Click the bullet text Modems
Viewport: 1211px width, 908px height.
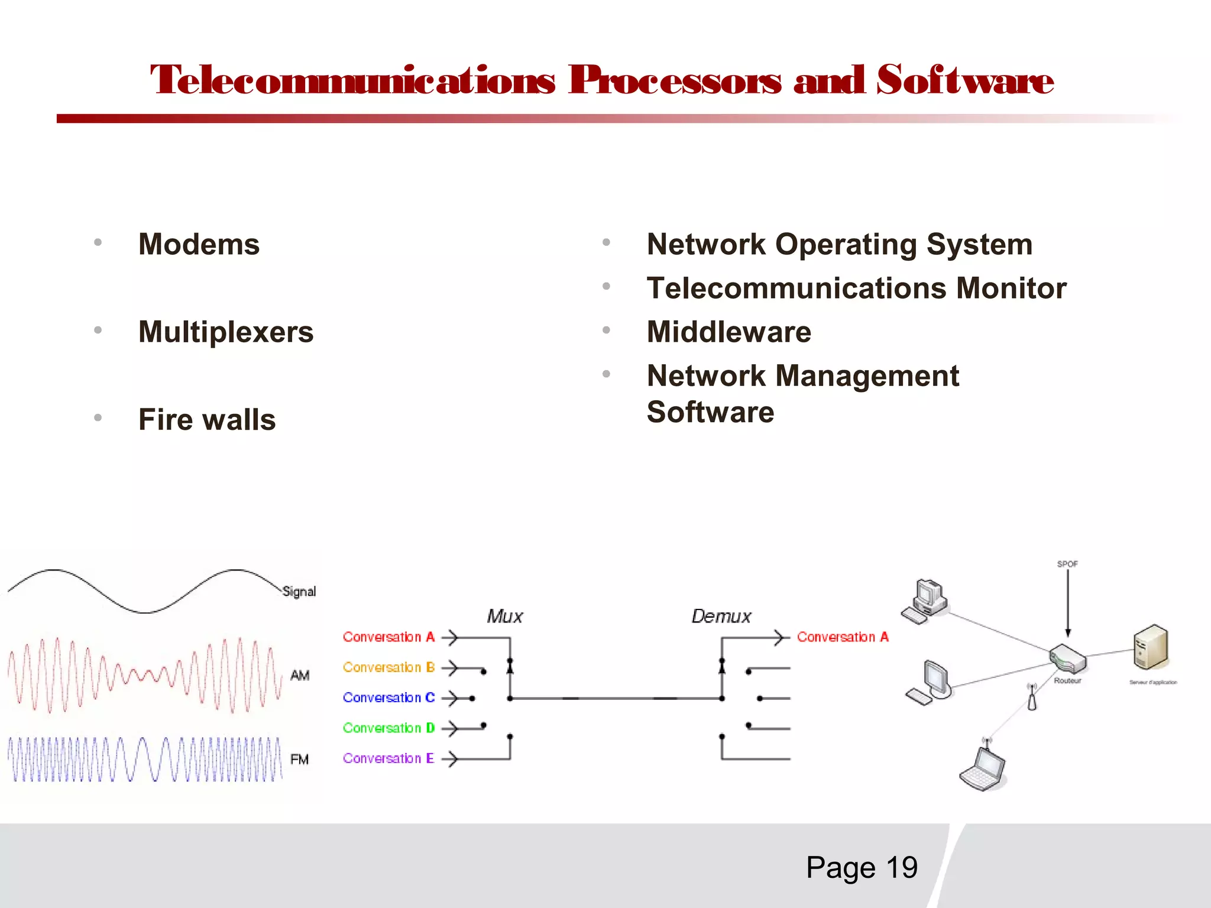click(199, 244)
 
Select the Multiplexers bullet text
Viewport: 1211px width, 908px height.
click(225, 332)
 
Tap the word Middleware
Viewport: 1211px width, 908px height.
click(728, 332)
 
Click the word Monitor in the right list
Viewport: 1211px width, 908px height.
click(1011, 288)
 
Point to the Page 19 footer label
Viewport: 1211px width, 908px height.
click(862, 867)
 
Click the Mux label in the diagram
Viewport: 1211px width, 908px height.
click(504, 617)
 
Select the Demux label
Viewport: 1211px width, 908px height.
click(721, 617)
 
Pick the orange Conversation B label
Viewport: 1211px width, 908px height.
click(388, 667)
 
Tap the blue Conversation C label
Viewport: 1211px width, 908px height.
click(388, 698)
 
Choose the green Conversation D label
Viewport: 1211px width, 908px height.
click(388, 728)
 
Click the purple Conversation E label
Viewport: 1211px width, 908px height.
click(388, 758)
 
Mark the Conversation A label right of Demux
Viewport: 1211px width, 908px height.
click(843, 637)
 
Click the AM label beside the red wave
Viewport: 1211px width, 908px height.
click(300, 675)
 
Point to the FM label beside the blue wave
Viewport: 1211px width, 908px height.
click(300, 759)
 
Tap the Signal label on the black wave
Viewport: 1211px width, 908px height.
click(299, 591)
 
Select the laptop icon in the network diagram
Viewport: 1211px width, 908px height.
click(983, 770)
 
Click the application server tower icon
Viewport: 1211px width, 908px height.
click(1151, 647)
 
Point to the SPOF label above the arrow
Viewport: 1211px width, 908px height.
click(1067, 564)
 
